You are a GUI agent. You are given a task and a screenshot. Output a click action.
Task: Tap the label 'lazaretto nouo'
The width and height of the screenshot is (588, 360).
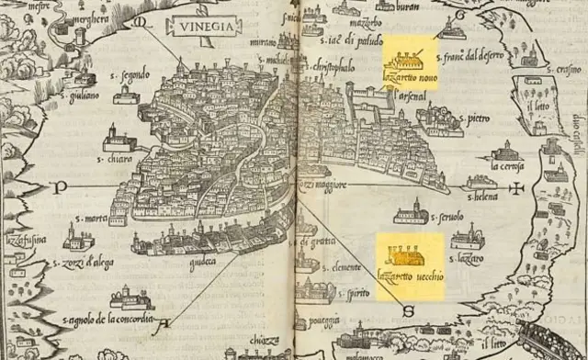click(414, 82)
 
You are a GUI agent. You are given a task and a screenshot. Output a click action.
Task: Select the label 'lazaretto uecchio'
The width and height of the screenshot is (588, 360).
click(410, 273)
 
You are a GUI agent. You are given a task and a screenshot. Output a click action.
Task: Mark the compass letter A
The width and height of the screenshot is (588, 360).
click(165, 322)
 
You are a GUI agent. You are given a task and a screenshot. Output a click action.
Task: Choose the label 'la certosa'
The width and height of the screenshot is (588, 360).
click(506, 166)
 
